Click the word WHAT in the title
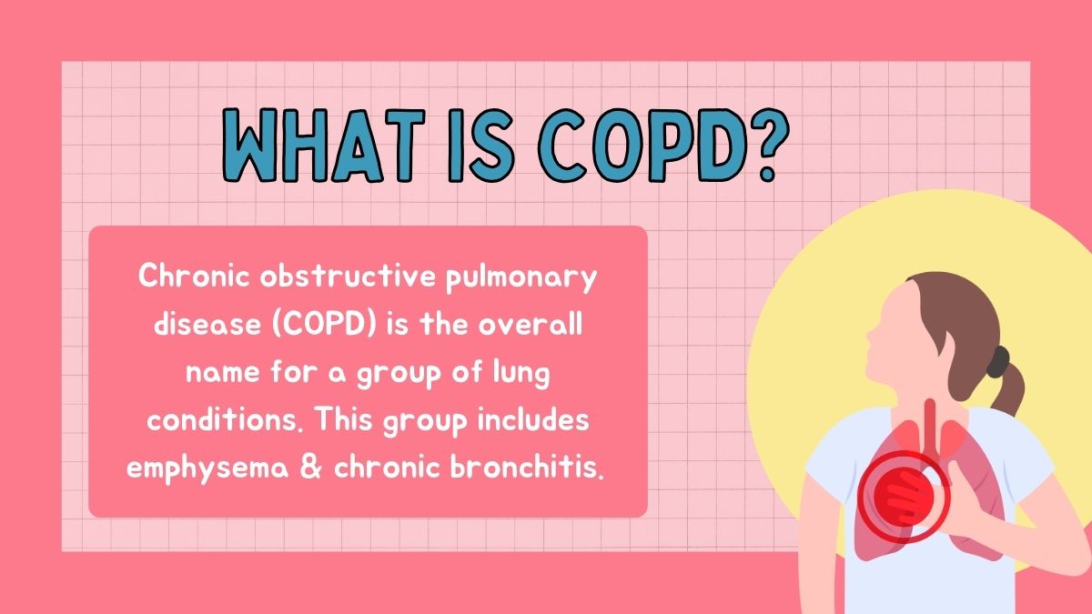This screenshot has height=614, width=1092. pos(324,146)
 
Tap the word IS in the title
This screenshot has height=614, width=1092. pos(480,146)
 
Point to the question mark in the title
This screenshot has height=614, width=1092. pos(768,146)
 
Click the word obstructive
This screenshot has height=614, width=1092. pos(348,277)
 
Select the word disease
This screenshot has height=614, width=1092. pos(207,324)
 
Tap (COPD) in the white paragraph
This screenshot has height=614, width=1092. pos(324,325)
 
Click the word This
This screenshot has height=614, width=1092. pos(344,419)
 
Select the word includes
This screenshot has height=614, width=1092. pos(533,419)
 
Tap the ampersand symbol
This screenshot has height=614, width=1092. pos(311,468)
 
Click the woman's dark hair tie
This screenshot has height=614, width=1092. pos(998,362)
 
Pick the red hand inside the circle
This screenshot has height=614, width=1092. pos(904,497)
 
